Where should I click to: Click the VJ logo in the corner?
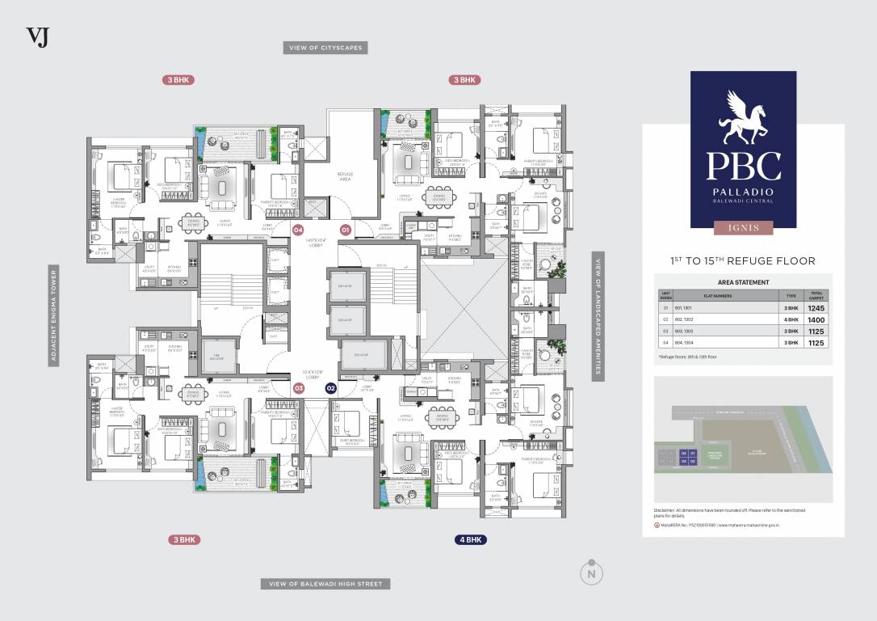tap(38, 37)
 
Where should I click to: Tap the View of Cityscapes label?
tap(326, 48)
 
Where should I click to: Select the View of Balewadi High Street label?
tap(325, 584)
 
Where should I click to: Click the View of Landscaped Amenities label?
tap(598, 315)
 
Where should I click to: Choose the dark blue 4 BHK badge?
tap(470, 539)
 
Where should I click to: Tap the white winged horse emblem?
tap(743, 118)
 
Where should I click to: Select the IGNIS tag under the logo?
tap(743, 228)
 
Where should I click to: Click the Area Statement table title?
tap(743, 282)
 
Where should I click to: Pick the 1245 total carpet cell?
tap(816, 308)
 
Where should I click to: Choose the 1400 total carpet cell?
tap(816, 320)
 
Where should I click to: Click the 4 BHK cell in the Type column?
tap(791, 320)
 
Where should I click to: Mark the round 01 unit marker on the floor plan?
tap(345, 230)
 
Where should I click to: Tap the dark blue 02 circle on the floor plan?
tap(330, 388)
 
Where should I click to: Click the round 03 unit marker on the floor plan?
tap(299, 388)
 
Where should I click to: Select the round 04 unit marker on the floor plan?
tap(298, 230)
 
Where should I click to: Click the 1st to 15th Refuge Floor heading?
tap(743, 260)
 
